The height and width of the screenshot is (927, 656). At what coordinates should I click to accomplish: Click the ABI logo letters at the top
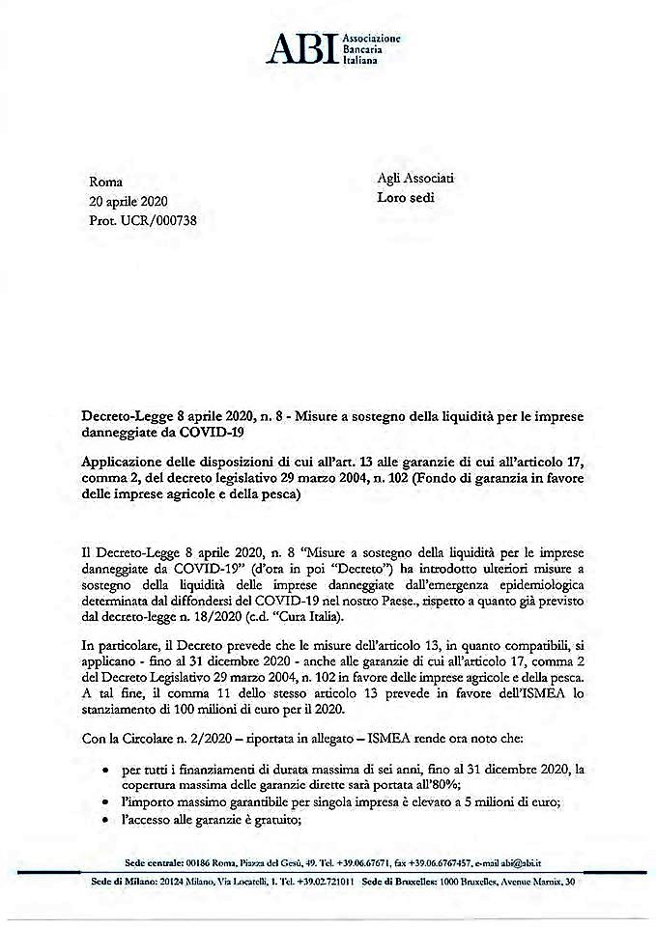302,46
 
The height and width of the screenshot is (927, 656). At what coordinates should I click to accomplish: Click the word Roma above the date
106,182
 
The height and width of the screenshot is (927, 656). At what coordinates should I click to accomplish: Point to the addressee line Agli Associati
415,179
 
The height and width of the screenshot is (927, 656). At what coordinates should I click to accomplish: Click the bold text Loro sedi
407,198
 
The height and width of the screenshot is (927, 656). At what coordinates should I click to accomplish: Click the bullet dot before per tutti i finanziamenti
104,771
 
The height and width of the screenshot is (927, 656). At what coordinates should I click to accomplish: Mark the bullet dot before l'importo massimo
104,803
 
